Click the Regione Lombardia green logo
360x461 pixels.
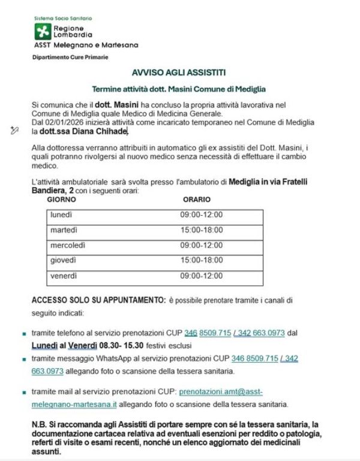(x=43, y=32)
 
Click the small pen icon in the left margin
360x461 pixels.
(x=14, y=129)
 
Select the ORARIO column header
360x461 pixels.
(x=196, y=199)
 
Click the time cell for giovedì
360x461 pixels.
(x=202, y=260)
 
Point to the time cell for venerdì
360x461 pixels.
(x=202, y=276)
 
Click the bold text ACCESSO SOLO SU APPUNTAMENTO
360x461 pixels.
(x=98, y=300)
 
